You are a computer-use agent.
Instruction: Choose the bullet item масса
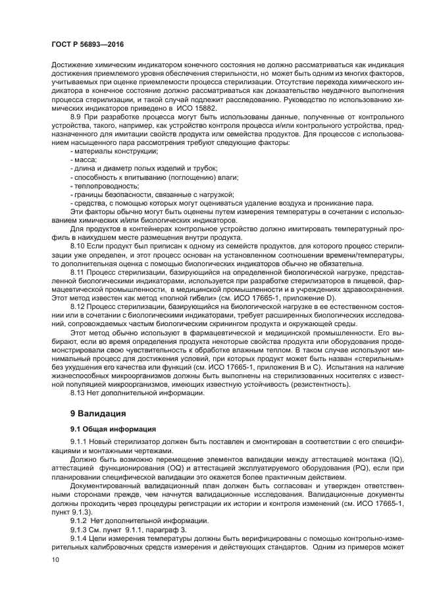click(x=82, y=159)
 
